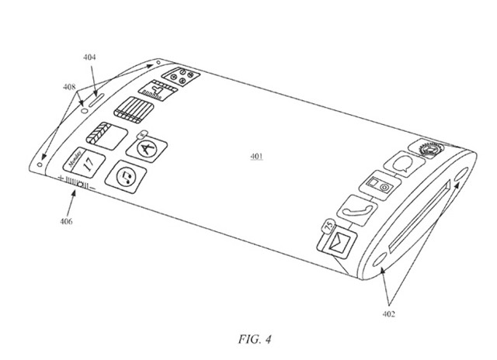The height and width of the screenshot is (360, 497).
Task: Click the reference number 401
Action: [x=255, y=156]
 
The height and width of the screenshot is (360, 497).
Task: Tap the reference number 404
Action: [x=89, y=57]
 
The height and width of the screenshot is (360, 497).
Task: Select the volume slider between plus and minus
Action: [x=75, y=183]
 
